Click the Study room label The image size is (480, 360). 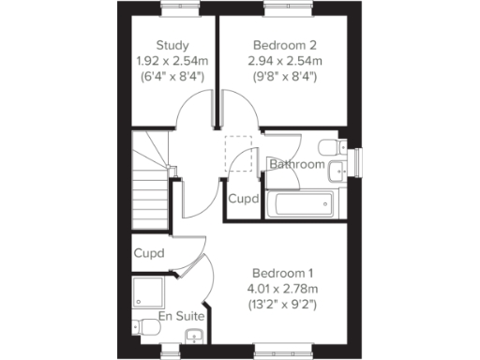(x=172, y=45)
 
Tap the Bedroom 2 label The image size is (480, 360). (x=284, y=45)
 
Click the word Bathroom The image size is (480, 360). (x=296, y=165)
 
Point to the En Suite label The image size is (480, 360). (x=177, y=318)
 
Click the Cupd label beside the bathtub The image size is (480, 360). (x=244, y=200)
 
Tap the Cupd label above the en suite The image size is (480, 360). (x=149, y=254)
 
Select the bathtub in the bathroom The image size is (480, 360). (x=300, y=202)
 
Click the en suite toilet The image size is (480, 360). (x=143, y=327)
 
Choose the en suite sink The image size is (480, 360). (x=195, y=337)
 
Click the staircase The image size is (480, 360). (x=151, y=182)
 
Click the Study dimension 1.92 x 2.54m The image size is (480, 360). (x=172, y=61)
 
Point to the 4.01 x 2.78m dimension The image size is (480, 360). (x=282, y=288)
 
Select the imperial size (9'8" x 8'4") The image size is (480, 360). (x=284, y=76)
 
